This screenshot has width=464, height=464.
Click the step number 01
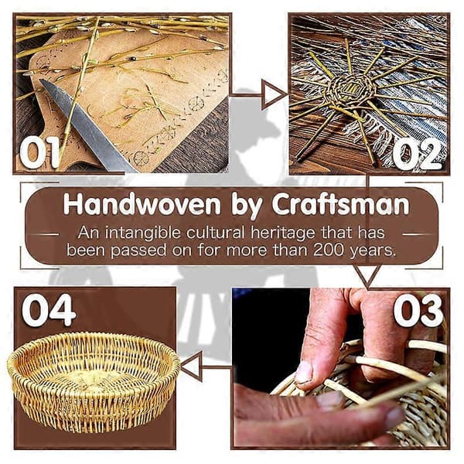[x=40, y=152]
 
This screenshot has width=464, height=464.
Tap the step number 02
[x=418, y=155]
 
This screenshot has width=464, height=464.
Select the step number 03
[x=418, y=310]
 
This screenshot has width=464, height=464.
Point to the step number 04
[x=49, y=310]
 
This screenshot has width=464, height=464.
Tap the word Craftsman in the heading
[x=341, y=204]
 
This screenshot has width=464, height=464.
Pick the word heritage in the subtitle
[x=283, y=234]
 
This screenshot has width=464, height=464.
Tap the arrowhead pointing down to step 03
[x=367, y=276]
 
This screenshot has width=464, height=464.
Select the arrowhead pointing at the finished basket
[x=192, y=367]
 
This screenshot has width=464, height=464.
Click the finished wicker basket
[x=94, y=381]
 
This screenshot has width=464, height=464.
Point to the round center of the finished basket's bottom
[x=94, y=377]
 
